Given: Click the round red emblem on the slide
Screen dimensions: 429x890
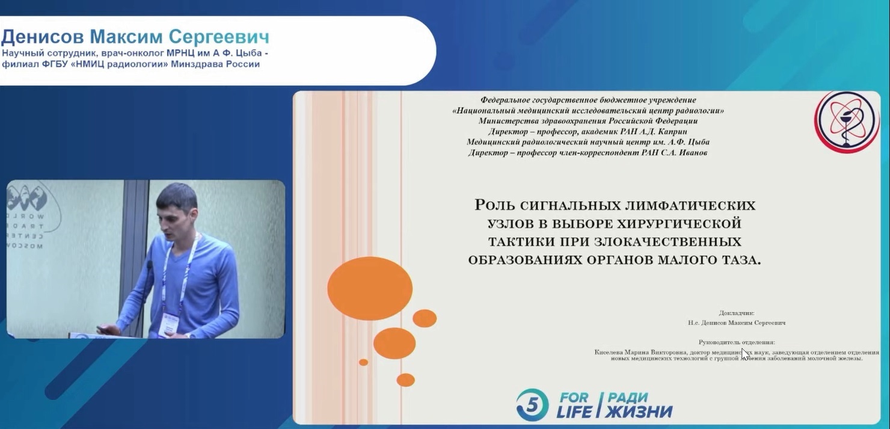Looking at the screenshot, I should point(846,119).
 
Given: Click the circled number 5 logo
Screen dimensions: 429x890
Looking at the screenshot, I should point(532,404).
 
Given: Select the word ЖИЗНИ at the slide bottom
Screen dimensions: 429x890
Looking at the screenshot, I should point(639,412).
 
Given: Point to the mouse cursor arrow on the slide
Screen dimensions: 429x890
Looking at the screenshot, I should point(744,354).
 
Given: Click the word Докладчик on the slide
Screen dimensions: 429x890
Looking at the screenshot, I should point(735,313).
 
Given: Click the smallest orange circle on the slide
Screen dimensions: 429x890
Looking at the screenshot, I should point(363,362).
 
